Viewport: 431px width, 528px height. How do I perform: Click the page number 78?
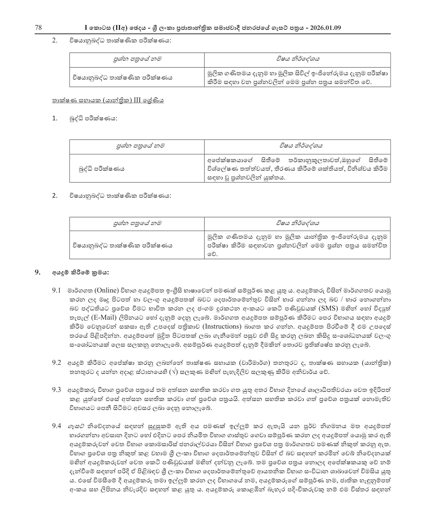[x=38, y=28]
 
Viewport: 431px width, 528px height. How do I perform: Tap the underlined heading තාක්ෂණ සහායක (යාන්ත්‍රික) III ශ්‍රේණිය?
[x=108, y=101]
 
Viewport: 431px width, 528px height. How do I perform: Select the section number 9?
[x=38, y=272]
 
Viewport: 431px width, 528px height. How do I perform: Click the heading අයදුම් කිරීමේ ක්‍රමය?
[x=80, y=273]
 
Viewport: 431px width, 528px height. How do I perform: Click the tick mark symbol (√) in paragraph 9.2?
[x=174, y=372]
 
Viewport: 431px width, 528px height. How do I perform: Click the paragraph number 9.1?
[x=56, y=290]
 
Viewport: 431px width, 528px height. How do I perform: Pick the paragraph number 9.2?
[x=56, y=363]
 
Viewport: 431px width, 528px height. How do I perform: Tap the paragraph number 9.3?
[x=56, y=390]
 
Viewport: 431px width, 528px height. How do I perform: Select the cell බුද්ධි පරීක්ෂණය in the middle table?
[x=101, y=169]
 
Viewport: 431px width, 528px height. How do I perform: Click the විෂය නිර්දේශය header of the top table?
[x=297, y=59]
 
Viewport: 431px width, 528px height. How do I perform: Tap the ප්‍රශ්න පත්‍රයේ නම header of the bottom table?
[x=137, y=223]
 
